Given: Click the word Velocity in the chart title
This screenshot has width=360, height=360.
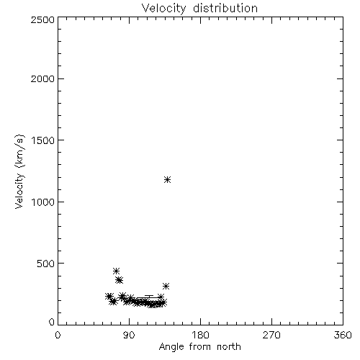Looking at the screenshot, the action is pos(163,9).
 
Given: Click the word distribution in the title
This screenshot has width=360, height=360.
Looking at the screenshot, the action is pos(225,8).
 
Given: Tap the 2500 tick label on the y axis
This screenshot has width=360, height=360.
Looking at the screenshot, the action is pos(42,19).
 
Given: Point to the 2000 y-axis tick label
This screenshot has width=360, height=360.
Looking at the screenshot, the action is pos(42,78).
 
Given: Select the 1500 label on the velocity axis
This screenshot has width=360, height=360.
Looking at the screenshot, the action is pos(43,140).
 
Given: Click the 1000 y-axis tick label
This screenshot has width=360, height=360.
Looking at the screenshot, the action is pos(43,202).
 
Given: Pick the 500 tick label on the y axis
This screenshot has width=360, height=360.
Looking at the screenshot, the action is pos(46,264).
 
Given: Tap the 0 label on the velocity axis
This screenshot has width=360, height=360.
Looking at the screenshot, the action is pos(52,322).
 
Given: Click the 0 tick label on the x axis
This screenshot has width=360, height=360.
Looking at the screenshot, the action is pos(58,335).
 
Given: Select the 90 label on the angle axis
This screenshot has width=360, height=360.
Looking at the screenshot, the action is pos(129,335).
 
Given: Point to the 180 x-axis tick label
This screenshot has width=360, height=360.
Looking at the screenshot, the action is pos(200,335).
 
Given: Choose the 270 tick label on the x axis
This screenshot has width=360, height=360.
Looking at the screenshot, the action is pos(271,335).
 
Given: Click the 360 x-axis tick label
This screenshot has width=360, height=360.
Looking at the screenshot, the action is pos(343,335).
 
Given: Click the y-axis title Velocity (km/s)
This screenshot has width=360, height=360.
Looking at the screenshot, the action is pos(19,171).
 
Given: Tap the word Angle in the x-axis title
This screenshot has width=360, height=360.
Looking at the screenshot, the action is pos(171,347).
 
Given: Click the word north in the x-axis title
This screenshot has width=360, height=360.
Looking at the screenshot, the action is pos(229,346).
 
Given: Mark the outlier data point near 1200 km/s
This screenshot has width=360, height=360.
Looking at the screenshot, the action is pos(168,179).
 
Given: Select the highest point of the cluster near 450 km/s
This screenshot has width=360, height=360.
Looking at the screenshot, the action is pos(116,271).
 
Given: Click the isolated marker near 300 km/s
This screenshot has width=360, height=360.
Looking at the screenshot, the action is pos(166,286).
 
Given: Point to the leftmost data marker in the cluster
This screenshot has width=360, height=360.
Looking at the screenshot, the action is pos(109,296).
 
